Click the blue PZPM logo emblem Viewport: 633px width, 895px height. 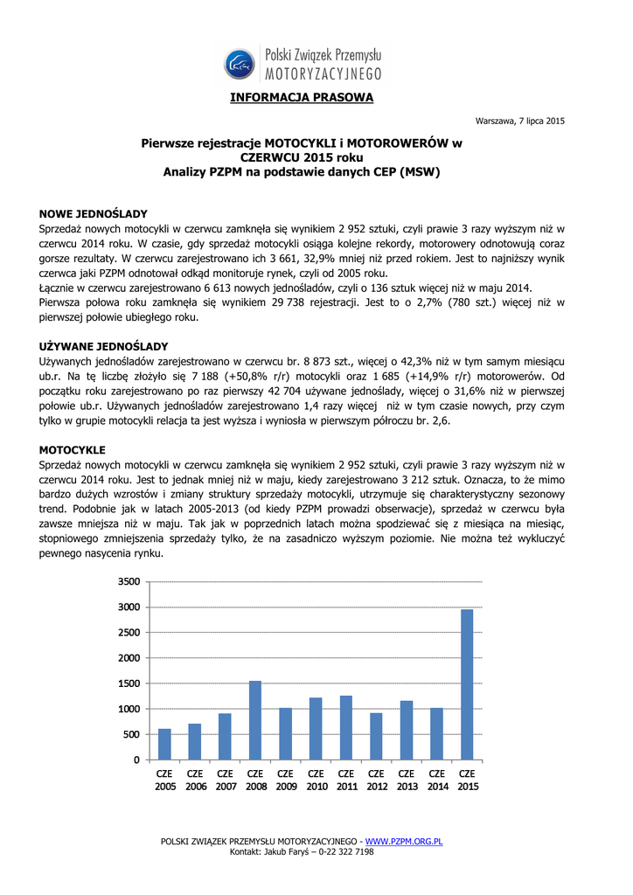point(239,62)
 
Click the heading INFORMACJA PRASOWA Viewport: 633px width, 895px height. point(302,97)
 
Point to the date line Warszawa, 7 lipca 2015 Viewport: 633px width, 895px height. point(519,120)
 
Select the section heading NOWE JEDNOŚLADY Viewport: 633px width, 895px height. point(94,213)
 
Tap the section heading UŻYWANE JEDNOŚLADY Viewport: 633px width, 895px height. point(104,346)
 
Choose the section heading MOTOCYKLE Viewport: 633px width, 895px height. point(73,449)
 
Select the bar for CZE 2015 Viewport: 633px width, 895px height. point(468,684)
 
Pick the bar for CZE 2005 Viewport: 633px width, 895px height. point(164,744)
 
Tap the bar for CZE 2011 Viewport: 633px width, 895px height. point(346,727)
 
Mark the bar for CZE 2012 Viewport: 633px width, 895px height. point(377,736)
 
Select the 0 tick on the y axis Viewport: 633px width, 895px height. point(135,760)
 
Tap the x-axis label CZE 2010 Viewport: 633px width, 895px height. point(316,780)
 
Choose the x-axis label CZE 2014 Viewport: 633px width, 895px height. point(437,780)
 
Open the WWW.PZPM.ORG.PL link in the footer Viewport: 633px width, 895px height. point(403,841)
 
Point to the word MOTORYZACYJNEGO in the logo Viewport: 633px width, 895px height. point(323,73)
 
